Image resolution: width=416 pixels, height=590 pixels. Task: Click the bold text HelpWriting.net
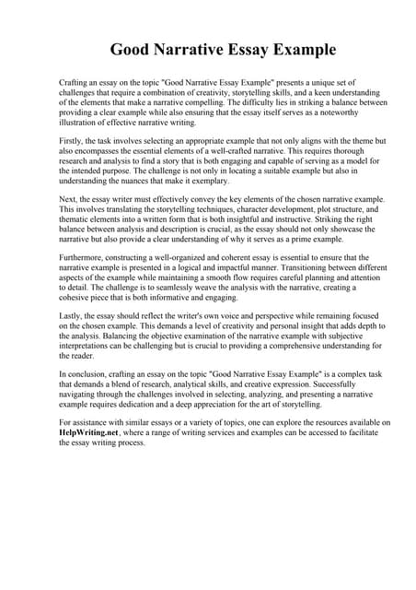[x=88, y=431]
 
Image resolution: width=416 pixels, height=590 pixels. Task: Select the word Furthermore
[x=84, y=258]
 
